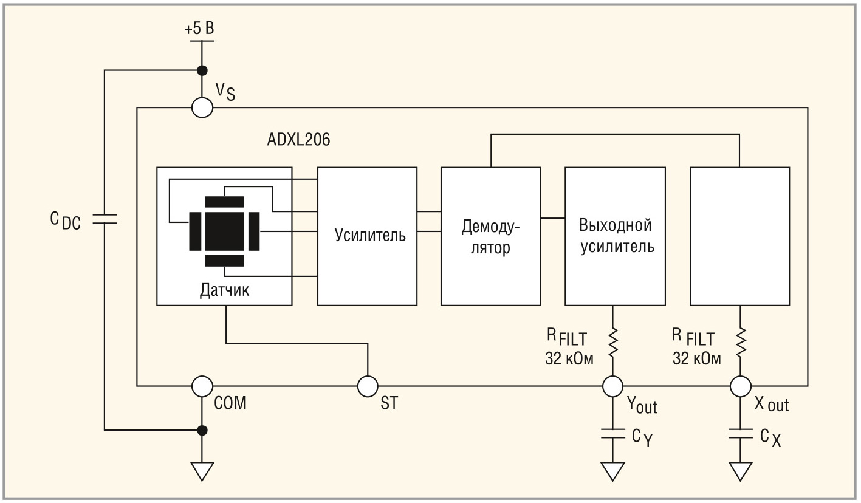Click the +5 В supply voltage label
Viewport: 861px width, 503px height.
click(199, 29)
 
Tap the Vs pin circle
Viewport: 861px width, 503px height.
click(202, 107)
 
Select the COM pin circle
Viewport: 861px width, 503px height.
click(202, 386)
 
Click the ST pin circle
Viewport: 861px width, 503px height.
click(368, 386)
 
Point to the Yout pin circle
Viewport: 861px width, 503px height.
click(612, 386)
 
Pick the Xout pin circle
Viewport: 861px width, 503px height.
click(740, 386)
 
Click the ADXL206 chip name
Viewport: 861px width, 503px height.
click(298, 140)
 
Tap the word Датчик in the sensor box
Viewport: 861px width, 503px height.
click(224, 290)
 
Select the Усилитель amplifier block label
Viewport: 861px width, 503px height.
click(370, 234)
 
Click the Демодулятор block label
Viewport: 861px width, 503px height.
click(490, 237)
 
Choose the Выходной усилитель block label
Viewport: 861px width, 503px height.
click(617, 236)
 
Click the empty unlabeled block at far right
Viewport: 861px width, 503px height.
click(740, 236)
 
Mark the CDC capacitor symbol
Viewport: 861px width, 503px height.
click(105, 219)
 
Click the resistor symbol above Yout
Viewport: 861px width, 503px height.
click(612, 341)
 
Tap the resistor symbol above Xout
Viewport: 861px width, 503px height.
click(740, 341)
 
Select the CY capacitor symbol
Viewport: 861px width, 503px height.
click(612, 434)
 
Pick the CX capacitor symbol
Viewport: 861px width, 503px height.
click(740, 434)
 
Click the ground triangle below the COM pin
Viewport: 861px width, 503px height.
click(202, 471)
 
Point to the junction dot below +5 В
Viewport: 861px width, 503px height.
click(202, 70)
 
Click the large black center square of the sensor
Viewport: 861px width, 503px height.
click(224, 231)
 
